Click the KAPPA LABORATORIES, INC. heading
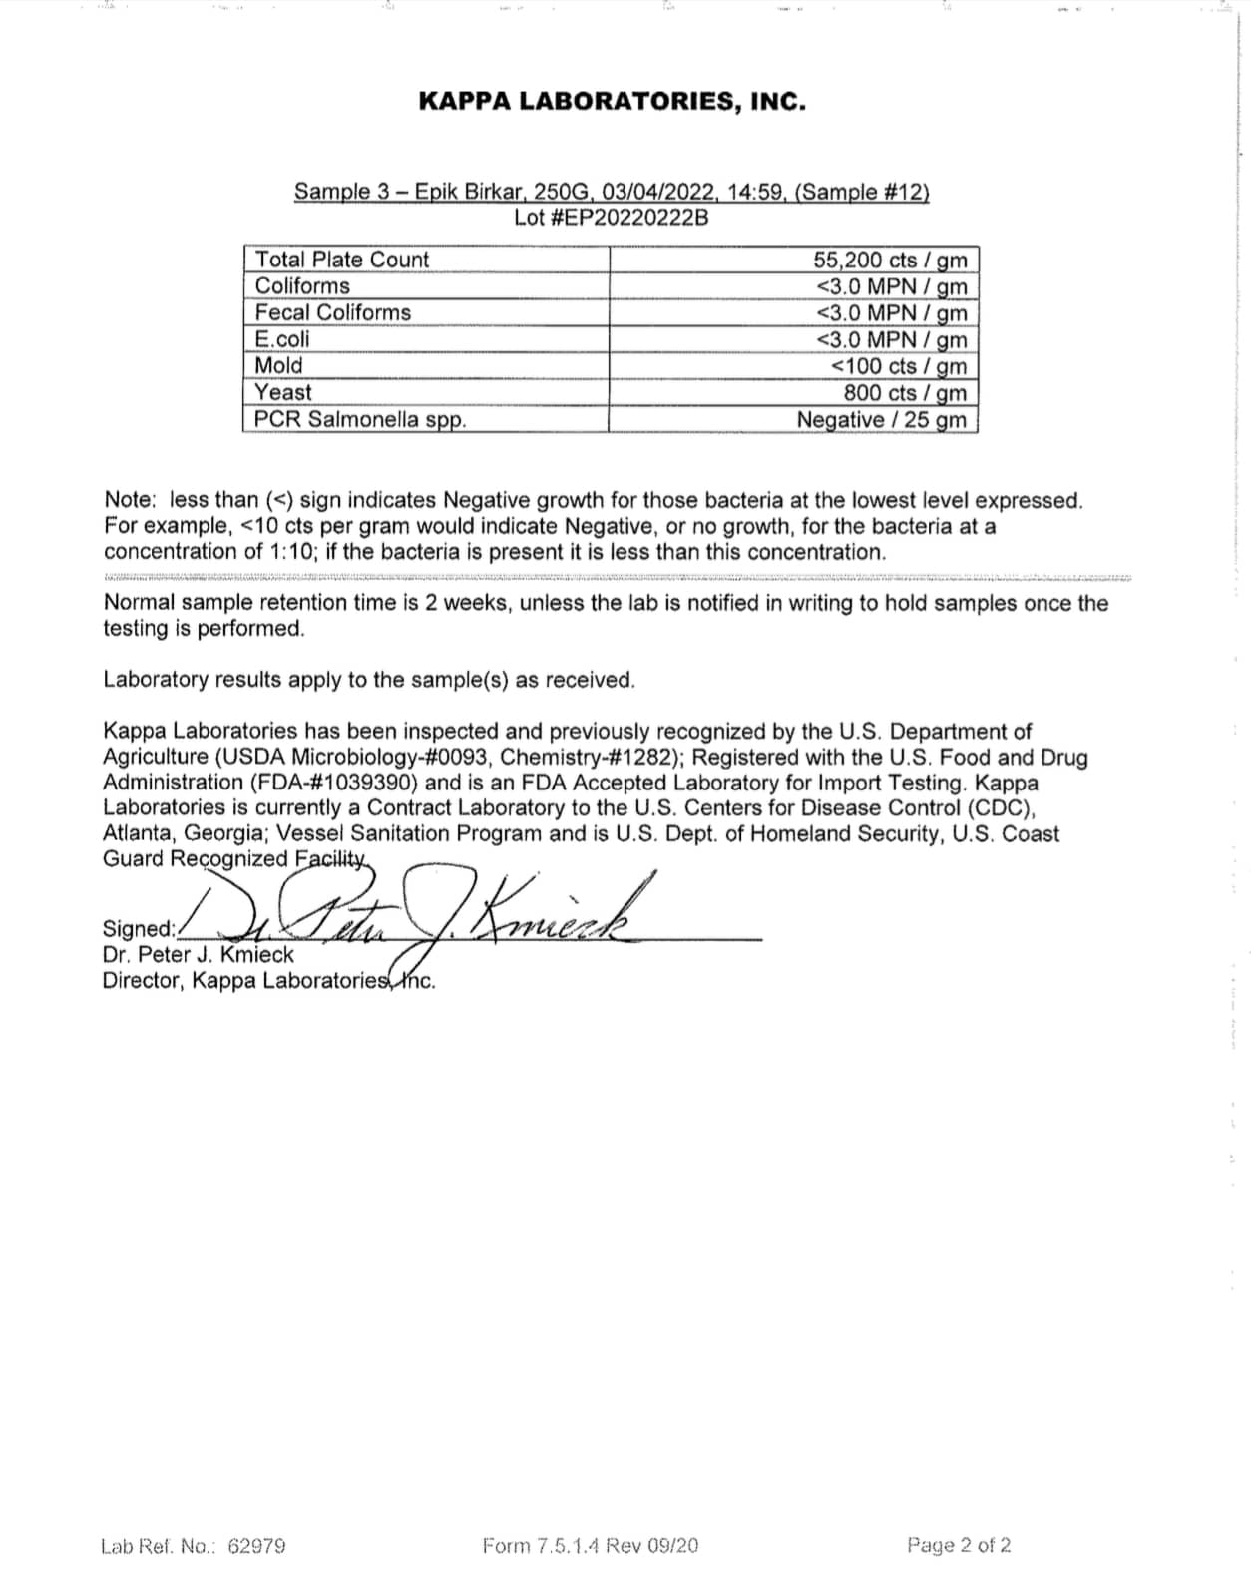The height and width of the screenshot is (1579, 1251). point(612,101)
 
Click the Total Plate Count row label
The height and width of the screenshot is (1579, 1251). point(341,260)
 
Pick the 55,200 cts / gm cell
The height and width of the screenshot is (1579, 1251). point(889,261)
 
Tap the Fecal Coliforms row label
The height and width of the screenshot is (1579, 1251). point(332,313)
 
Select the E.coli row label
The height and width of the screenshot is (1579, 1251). point(282,339)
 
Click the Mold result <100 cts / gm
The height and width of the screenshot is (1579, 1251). point(898,367)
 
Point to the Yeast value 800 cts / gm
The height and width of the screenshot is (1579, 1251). point(904,393)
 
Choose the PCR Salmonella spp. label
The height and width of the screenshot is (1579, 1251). point(359,420)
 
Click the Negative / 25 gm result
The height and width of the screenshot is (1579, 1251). point(881,420)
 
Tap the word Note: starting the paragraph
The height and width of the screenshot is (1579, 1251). point(130,500)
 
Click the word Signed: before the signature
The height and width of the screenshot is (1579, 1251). point(139,929)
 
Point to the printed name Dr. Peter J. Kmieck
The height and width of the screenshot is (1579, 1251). point(198,955)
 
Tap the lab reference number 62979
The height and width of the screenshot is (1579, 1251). point(256,1546)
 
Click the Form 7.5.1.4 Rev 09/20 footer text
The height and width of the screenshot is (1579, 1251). point(590,1546)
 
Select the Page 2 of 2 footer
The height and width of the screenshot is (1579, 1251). point(959,1546)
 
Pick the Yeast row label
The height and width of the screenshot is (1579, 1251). point(283,393)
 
